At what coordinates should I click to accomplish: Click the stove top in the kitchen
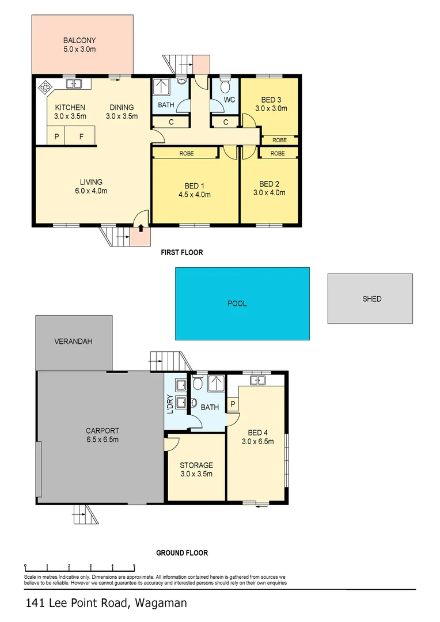44,88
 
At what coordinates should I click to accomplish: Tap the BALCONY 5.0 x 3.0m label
79,45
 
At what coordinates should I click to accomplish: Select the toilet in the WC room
225,88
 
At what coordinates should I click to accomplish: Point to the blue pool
242,303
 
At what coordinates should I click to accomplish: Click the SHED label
371,299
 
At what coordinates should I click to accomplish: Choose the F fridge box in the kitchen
81,136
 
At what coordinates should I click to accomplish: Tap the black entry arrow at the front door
141,229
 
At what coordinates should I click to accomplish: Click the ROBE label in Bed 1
186,153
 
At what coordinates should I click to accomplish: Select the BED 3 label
271,100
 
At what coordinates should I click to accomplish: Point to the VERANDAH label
73,341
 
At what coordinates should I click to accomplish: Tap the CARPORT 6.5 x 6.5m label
102,435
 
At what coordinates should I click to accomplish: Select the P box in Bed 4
233,404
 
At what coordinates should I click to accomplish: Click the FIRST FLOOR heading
181,252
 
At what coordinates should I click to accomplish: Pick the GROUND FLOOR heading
182,553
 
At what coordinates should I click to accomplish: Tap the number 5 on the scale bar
134,566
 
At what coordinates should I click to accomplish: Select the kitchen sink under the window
74,84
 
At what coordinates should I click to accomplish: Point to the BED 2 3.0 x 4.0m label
270,189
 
